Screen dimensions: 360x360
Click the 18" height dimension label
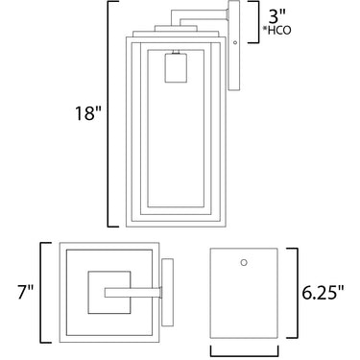(87, 113)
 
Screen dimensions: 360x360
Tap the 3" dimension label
(277, 16)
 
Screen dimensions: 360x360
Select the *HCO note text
(276, 31)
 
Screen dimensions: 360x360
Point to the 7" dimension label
(25, 292)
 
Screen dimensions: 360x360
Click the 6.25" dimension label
(323, 292)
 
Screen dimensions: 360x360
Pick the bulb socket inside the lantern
(176, 68)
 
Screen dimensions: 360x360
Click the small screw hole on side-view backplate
(235, 42)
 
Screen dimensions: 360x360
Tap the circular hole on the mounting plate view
(244, 262)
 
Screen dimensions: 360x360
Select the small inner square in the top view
(109, 292)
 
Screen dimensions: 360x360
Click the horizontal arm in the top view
(133, 293)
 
